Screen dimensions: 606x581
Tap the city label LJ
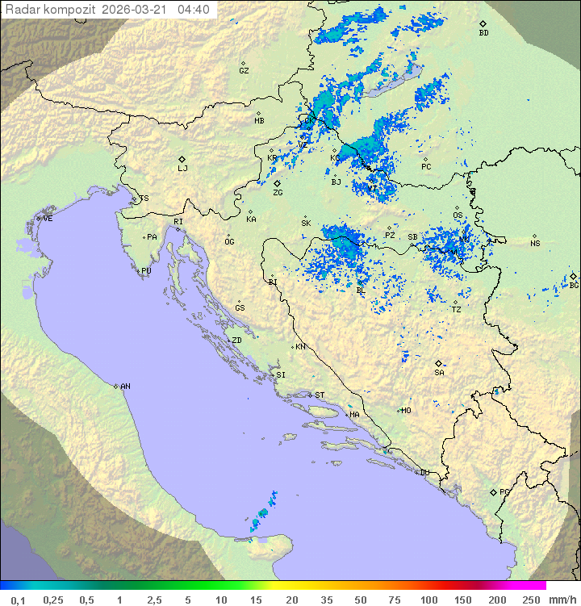[x=182, y=168]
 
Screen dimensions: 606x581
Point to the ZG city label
[x=278, y=193]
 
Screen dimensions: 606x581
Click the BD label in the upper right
[x=483, y=33]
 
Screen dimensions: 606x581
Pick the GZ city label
[x=244, y=70]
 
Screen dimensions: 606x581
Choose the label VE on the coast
[x=48, y=219]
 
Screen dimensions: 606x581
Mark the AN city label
[x=125, y=387]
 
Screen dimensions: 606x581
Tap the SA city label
[x=439, y=372]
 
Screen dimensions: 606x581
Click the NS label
[x=535, y=243]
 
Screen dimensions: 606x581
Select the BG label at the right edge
[x=574, y=285]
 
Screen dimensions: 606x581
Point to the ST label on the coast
[x=320, y=395]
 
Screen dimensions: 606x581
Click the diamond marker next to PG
[x=493, y=491]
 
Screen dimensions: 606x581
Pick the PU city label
[x=146, y=271]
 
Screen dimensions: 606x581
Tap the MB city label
[x=259, y=120]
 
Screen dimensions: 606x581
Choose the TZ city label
[x=456, y=309]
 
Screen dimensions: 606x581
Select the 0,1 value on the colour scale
[x=18, y=600]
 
